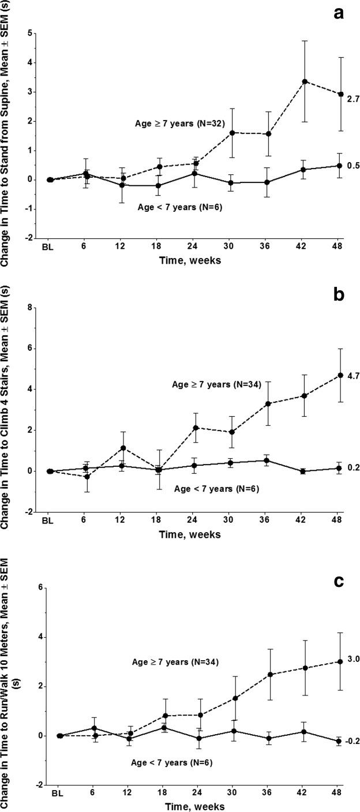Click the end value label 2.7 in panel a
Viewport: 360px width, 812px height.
(352, 99)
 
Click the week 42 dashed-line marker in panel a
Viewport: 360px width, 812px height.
(305, 81)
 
